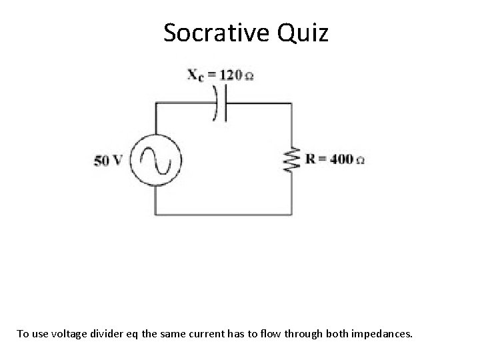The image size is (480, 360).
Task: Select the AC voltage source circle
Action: [155, 160]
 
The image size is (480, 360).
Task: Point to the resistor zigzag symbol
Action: [289, 160]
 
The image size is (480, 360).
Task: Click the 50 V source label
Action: [108, 161]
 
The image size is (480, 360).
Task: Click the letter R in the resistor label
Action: [311, 159]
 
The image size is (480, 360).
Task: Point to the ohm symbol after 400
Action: [360, 161]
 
